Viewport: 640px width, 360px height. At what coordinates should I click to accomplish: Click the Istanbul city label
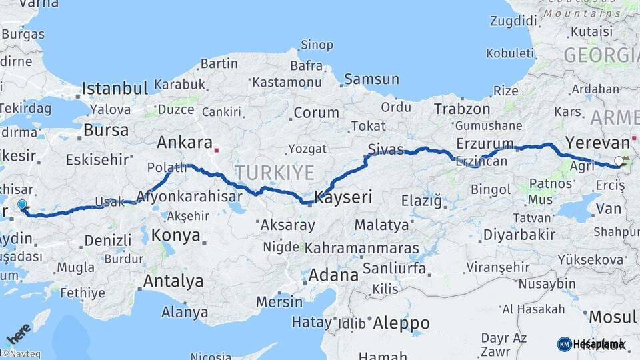114,88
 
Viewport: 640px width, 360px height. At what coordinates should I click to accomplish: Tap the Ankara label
184,142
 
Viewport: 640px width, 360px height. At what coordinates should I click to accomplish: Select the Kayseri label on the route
343,197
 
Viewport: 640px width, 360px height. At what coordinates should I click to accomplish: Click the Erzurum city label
485,143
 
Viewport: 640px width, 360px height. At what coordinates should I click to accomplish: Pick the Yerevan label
597,142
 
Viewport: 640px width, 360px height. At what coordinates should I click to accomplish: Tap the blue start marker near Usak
22,205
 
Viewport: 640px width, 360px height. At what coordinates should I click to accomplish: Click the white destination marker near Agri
619,161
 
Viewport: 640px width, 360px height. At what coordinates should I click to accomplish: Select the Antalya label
173,281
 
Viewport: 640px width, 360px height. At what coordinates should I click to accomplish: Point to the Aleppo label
401,323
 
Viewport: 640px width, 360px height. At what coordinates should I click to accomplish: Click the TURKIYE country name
274,173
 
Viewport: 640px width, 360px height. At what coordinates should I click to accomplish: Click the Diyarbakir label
519,235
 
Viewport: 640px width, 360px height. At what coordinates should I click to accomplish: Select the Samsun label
371,79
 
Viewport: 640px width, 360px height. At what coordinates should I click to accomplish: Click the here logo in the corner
18,333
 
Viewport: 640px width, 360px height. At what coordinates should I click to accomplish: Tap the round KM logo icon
564,344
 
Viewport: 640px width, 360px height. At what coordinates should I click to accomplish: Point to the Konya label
175,235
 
